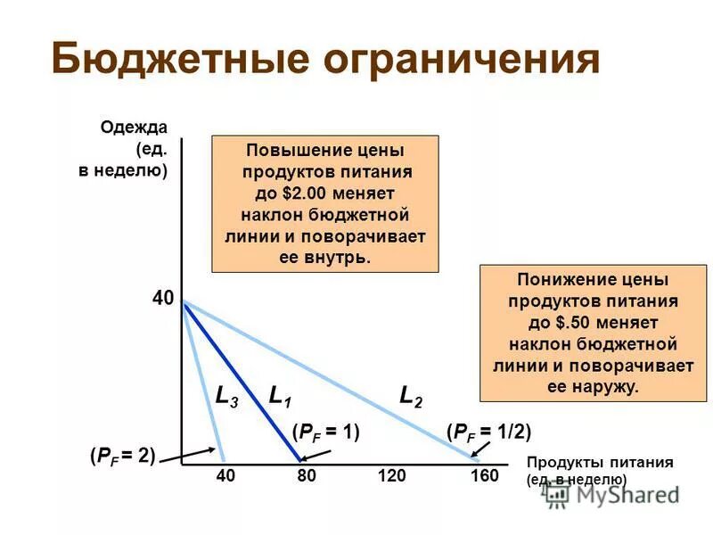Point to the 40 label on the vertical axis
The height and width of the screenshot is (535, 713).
coord(163,300)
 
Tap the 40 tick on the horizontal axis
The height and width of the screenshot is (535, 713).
coord(225,476)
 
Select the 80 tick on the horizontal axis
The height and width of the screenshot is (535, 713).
coord(307,476)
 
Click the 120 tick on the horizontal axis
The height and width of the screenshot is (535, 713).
coord(392,476)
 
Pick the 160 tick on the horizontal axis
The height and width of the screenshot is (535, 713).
coord(484,476)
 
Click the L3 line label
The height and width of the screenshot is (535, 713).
coord(226,397)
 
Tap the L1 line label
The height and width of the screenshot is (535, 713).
coord(280,397)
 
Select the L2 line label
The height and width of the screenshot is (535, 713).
coord(411,397)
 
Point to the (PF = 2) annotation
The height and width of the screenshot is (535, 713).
coord(122,456)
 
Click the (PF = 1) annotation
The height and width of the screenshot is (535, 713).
coord(325,432)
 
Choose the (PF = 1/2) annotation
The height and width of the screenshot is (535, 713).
coord(488,432)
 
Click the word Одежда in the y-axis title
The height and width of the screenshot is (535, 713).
coord(134,127)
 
